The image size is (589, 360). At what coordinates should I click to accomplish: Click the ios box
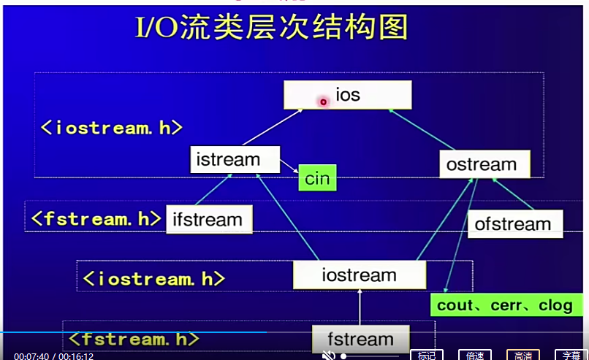point(348,95)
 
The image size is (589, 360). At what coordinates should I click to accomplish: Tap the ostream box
point(481,164)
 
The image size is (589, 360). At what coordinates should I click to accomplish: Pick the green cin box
point(317,178)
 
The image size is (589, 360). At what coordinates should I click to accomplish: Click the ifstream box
point(208,219)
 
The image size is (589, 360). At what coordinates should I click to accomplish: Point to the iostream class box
point(359,275)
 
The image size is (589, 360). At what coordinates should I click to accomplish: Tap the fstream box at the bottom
point(360,340)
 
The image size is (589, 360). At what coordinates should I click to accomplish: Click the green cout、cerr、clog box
point(504,305)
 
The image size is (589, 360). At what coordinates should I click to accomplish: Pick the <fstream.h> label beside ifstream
point(95,218)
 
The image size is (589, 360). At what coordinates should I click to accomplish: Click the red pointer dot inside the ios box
point(322,102)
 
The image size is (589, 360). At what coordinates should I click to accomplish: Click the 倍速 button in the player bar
point(475,356)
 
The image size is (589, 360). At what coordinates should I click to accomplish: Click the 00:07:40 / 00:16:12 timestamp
point(54,356)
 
